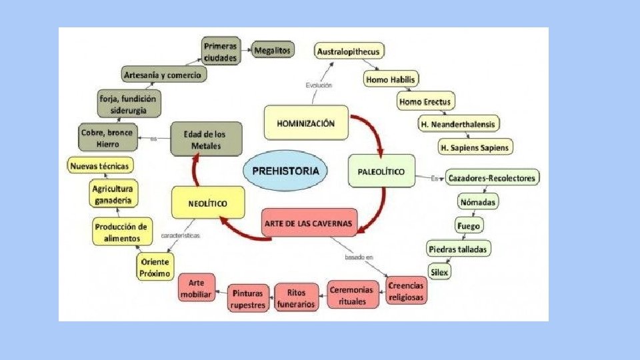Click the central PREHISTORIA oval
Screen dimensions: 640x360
(285, 171)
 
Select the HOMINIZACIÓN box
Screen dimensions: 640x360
(307, 123)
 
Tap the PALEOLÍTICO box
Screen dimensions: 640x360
(381, 171)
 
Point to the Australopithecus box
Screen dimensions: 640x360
(350, 51)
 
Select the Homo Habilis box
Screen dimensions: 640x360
(391, 79)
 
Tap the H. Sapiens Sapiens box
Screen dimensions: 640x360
(475, 146)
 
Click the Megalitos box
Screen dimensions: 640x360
(273, 49)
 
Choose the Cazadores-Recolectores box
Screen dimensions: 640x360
(492, 178)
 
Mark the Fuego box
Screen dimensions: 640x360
(468, 225)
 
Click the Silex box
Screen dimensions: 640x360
(440, 272)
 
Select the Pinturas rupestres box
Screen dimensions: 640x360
(249, 298)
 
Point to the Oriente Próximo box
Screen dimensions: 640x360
(155, 267)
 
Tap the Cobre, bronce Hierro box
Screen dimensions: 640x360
(107, 137)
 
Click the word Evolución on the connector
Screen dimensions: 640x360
(319, 85)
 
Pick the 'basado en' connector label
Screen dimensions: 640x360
(359, 257)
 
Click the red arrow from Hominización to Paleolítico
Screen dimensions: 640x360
(373, 129)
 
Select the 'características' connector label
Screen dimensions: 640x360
(181, 235)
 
